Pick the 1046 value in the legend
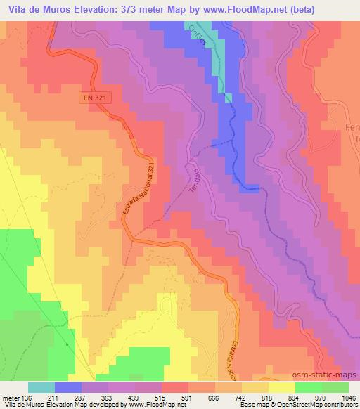pos(348,397)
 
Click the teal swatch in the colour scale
pos(42,387)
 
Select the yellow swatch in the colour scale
pos(282,387)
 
